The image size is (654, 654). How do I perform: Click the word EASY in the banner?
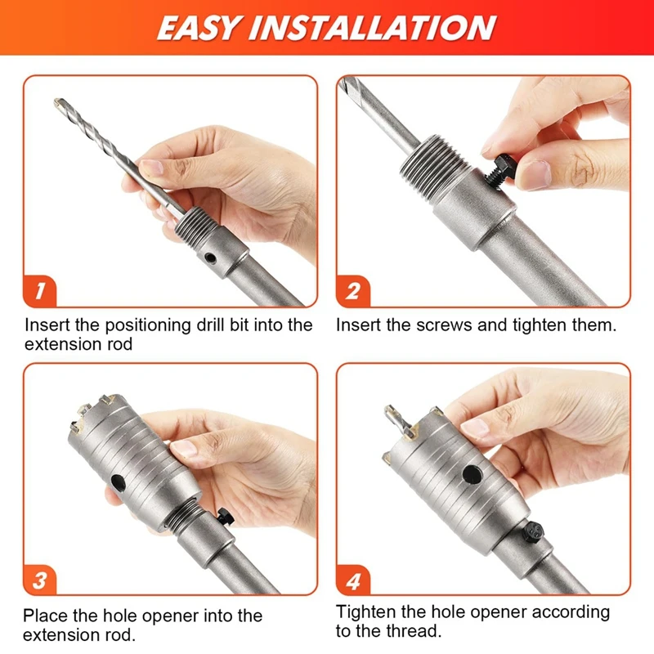click(x=198, y=28)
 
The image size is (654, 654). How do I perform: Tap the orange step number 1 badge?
click(x=40, y=291)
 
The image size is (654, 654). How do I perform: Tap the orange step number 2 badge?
click(x=353, y=291)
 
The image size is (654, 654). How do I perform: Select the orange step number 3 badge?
click(x=40, y=580)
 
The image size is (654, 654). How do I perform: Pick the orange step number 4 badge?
click(x=353, y=580)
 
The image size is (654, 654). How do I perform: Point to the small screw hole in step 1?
click(x=211, y=258)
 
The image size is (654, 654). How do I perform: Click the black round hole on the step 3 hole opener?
click(x=118, y=482)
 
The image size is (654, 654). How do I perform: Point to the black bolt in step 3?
click(x=226, y=517)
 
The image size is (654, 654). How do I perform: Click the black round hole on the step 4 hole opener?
click(x=473, y=474)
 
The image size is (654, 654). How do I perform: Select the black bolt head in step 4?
click(x=534, y=532)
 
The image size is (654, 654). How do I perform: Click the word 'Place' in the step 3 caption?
click(x=46, y=616)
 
